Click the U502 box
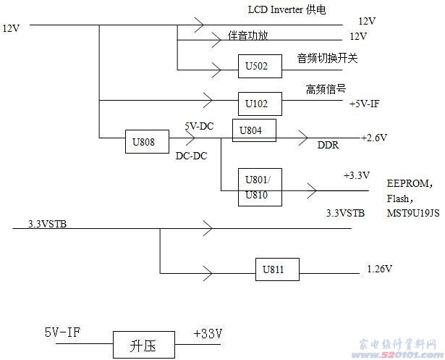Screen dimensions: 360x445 tap(257, 67)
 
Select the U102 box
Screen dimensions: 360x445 tap(257, 104)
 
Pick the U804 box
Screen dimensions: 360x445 tap(253, 130)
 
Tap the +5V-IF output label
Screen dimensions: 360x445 tap(363, 104)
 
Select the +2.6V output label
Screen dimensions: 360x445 tap(374, 138)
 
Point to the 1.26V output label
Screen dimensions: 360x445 tap(380, 269)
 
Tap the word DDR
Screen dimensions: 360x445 tap(328, 145)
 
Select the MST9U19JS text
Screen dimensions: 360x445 tap(412, 213)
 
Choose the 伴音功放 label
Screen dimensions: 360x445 tap(247, 35)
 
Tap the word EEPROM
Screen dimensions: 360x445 tap(409, 183)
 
